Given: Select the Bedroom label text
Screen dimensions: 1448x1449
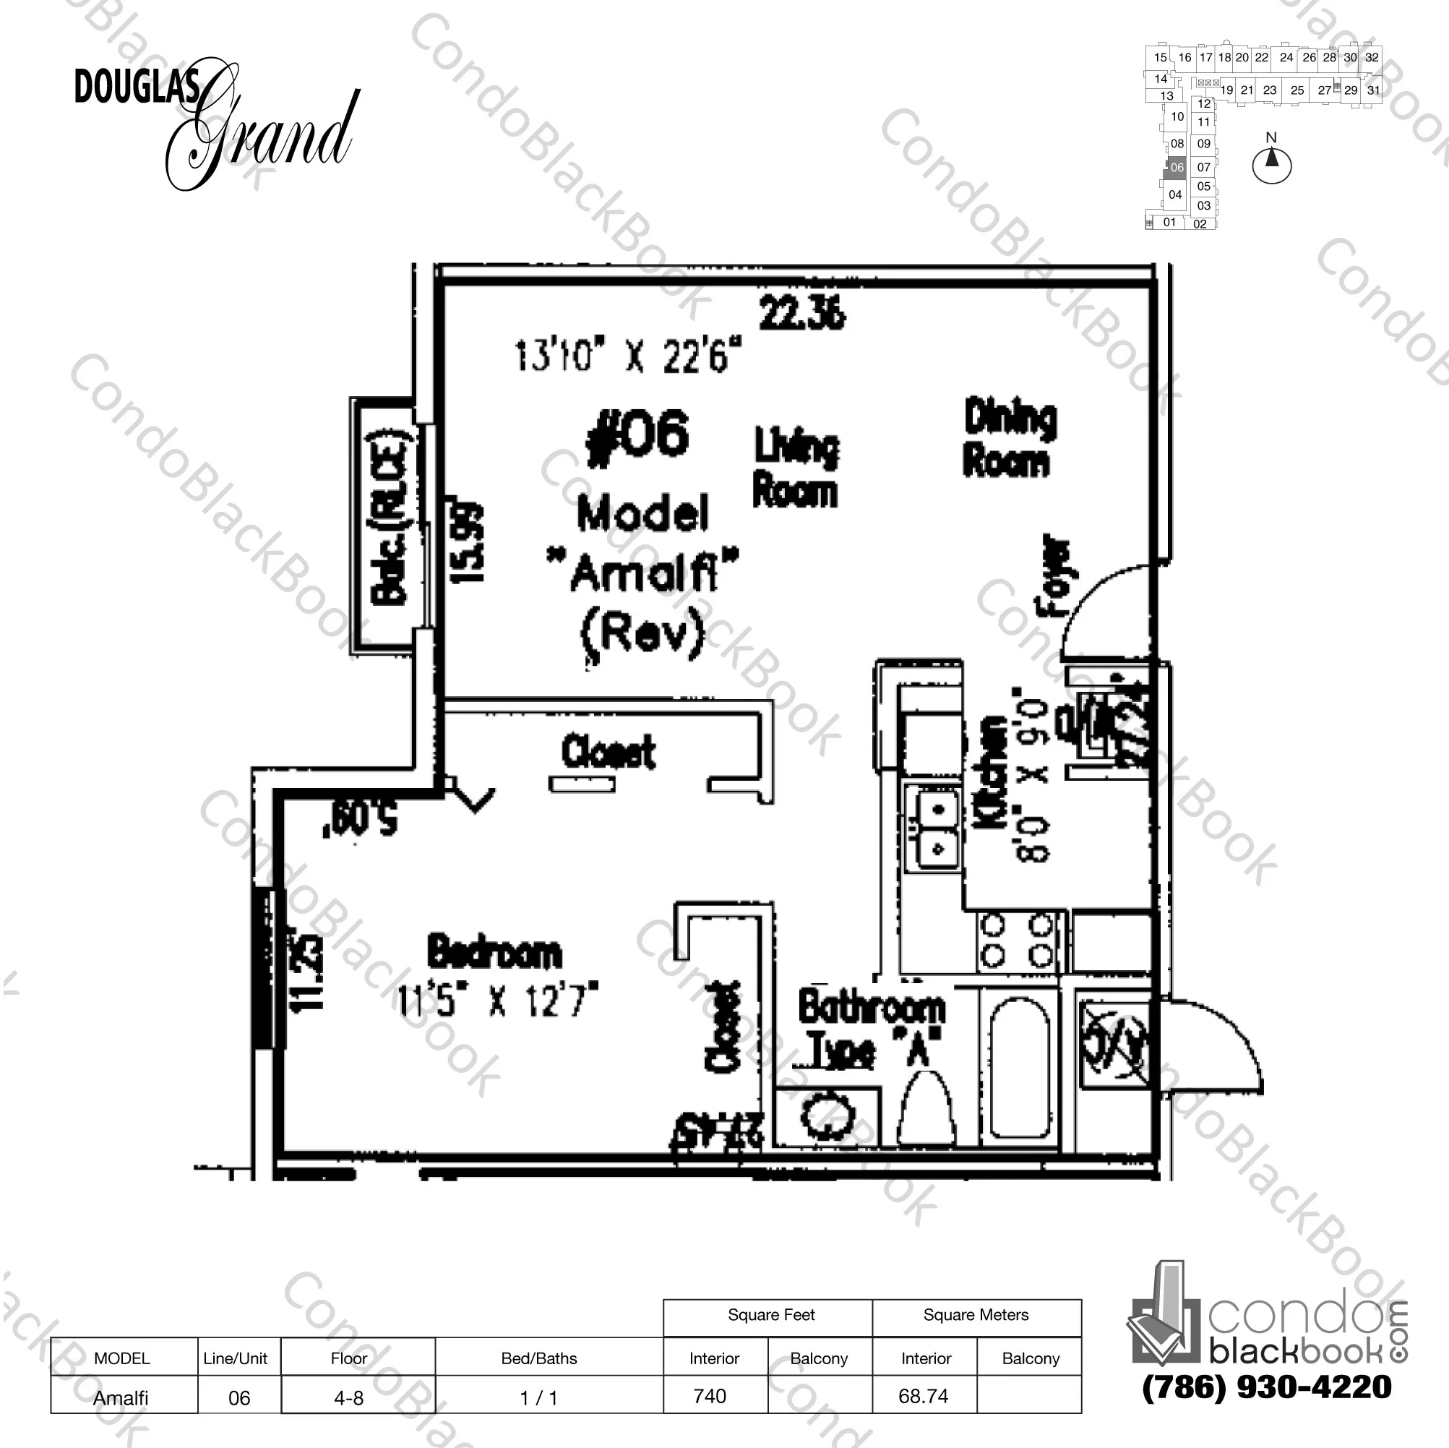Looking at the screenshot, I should (494, 951).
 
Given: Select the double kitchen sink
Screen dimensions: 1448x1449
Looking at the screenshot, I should (932, 828).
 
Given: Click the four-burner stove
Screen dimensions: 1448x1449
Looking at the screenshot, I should (1016, 941).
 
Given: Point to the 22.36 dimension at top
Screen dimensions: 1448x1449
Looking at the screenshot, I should (801, 314).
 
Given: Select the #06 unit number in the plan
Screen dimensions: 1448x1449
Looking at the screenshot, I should (638, 435).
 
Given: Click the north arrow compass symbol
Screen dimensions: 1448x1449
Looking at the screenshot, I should (1271, 163).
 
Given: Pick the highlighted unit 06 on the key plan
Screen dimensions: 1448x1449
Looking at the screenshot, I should (1177, 167).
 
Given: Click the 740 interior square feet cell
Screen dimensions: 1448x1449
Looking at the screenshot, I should (710, 1396).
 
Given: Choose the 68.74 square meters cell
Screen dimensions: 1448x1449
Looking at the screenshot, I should (924, 1396).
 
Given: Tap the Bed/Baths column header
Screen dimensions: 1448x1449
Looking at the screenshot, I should (539, 1358).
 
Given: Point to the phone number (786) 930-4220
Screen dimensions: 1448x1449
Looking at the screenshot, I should (1267, 1387).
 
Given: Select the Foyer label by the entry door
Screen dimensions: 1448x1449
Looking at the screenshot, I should (1054, 575).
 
